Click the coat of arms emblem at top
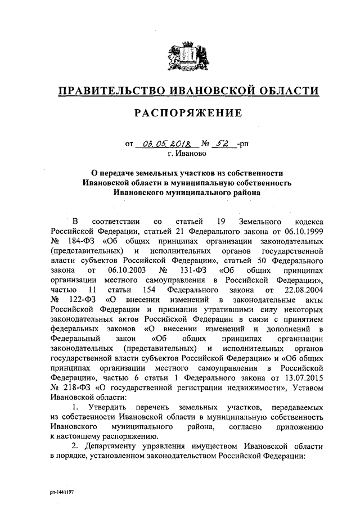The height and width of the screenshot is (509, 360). [180, 56]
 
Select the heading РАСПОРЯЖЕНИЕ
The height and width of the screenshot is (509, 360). [180, 113]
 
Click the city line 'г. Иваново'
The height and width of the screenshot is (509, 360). [180, 152]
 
